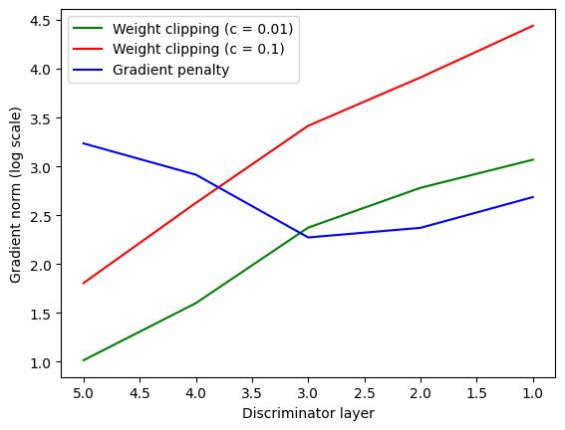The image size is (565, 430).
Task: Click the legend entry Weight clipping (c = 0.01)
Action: pyautogui.click(x=203, y=29)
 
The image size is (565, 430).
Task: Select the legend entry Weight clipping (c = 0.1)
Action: pyautogui.click(x=198, y=49)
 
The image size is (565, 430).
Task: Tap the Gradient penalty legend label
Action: pyautogui.click(x=170, y=70)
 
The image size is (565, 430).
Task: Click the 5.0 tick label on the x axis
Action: pyautogui.click(x=84, y=393)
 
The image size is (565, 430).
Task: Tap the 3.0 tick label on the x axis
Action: pyautogui.click(x=308, y=393)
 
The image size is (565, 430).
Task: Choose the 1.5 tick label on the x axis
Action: pyautogui.click(x=476, y=393)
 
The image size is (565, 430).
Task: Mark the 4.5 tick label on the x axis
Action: pyautogui.click(x=140, y=393)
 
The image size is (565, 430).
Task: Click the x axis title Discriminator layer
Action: pyautogui.click(x=309, y=413)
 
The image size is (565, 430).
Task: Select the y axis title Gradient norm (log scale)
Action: pyautogui.click(x=16, y=195)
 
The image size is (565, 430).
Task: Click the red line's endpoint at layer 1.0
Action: pyautogui.click(x=533, y=26)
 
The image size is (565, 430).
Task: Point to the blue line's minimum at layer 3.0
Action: pyautogui.click(x=309, y=238)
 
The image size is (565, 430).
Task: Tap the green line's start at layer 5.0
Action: pyautogui.click(x=84, y=360)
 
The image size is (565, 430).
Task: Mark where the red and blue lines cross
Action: pyautogui.click(x=218, y=187)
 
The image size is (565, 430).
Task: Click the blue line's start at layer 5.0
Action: pyautogui.click(x=84, y=143)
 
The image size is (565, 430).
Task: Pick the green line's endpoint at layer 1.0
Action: pyautogui.click(x=533, y=159)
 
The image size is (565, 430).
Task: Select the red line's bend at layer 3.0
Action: pyautogui.click(x=309, y=125)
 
